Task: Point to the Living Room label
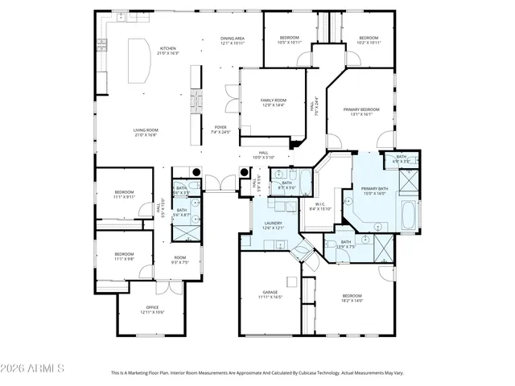pyautogui.click(x=146, y=132)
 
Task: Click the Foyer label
pyautogui.click(x=219, y=129)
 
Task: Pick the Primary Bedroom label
pyautogui.click(x=360, y=111)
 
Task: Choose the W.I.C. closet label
pyautogui.click(x=319, y=206)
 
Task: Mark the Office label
pyautogui.click(x=153, y=309)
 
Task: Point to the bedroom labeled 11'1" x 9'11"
pyautogui.click(x=124, y=194)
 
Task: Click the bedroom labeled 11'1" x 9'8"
pyautogui.click(x=124, y=257)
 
